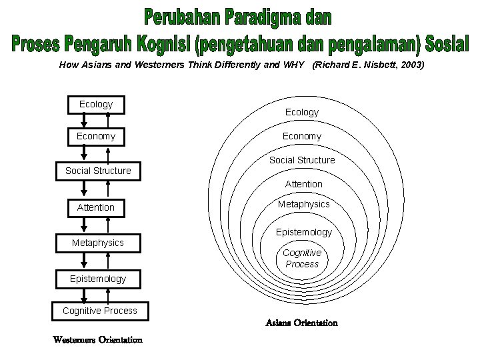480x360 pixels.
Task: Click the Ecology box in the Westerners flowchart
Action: (96, 105)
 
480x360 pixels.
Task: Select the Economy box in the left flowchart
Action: (96, 137)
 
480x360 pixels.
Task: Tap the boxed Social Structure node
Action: (98, 171)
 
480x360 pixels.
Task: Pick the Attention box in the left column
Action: (96, 208)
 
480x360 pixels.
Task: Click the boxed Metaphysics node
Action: (98, 243)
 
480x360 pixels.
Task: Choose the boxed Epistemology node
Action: (98, 279)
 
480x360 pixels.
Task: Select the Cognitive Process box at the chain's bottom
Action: (100, 311)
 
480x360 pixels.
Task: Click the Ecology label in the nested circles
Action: (302, 113)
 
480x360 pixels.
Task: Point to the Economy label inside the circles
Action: (302, 137)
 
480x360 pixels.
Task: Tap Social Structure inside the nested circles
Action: (302, 160)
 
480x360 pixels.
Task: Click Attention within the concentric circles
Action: (303, 184)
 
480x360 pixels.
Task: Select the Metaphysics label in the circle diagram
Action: (303, 204)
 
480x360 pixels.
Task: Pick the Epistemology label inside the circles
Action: (303, 232)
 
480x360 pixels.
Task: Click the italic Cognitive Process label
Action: (302, 259)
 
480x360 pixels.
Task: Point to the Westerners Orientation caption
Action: (98, 340)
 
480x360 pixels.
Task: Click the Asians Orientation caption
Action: (301, 323)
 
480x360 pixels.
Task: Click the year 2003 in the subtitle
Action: (410, 65)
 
